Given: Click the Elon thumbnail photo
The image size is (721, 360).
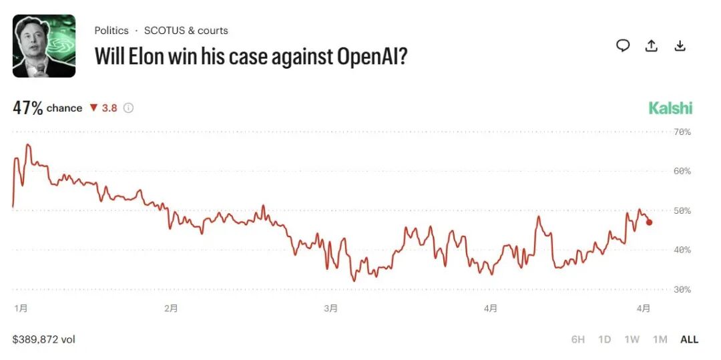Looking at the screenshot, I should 44,46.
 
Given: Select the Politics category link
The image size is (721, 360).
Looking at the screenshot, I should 111,31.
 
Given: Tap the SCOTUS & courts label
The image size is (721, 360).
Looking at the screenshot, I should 186,31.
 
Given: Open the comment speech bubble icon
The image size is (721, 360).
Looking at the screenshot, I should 623,45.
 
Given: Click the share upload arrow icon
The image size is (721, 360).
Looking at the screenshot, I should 652,45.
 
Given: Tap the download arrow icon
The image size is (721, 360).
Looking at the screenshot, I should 680,45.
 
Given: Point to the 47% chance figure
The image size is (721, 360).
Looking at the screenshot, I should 28,108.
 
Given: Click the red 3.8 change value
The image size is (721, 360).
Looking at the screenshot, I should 109,108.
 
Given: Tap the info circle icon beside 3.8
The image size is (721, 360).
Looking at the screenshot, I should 128,108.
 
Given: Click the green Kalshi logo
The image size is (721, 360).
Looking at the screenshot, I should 670,108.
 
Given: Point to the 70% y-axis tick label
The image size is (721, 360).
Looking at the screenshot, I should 682,132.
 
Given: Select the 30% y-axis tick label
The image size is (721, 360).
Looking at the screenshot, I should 682,290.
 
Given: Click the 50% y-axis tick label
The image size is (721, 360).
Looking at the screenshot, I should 682,211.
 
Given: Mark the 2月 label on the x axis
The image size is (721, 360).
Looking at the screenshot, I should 171,308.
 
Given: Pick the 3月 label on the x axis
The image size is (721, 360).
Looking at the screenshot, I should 330,308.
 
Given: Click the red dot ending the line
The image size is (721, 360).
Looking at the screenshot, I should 650,222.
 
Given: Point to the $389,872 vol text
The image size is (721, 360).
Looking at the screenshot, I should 44,339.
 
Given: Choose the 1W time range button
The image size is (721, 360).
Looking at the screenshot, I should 632,339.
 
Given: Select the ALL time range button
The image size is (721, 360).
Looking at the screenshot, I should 689,339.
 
